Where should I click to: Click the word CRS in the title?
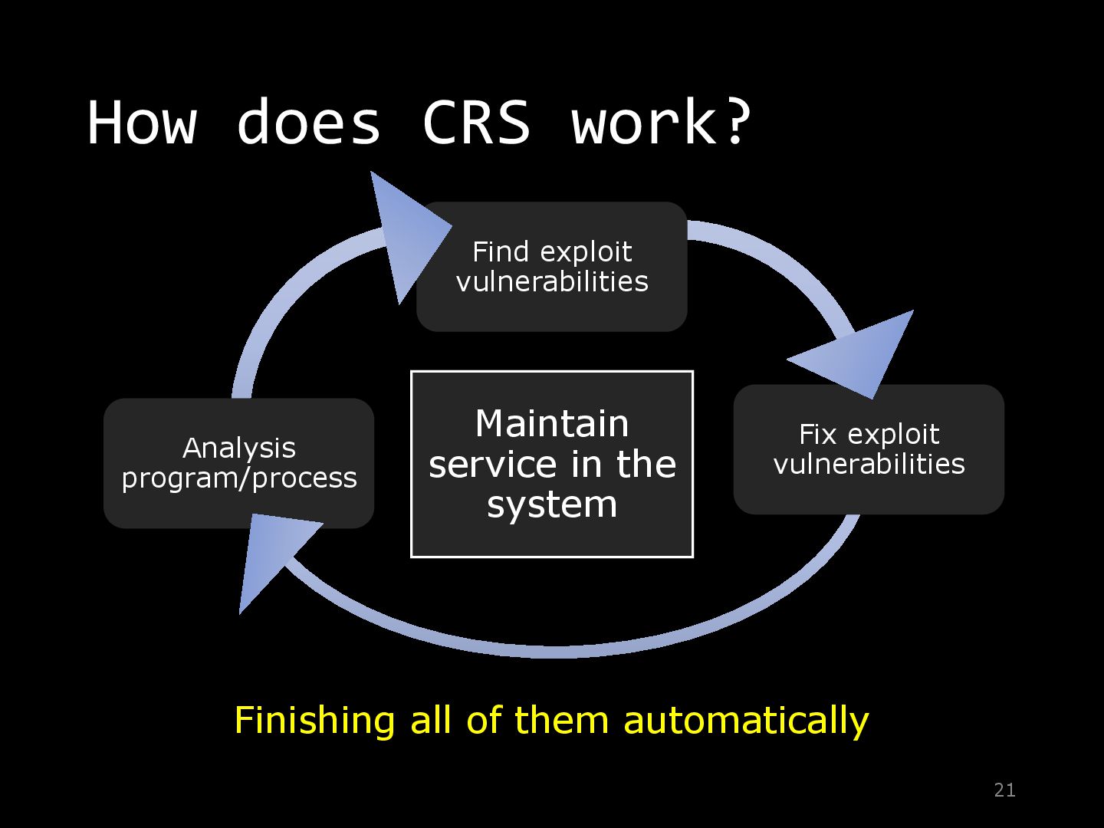coord(476,122)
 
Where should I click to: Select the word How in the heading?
coord(142,122)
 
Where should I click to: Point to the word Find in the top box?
coord(501,251)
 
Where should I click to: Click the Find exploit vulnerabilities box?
coord(552,267)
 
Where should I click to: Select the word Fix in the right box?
coord(818,434)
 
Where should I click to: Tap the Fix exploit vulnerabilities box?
coord(869,449)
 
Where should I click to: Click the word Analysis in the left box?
coord(239,449)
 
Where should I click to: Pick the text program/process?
coord(239,478)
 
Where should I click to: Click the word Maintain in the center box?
coord(552,423)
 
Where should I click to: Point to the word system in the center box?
coord(552,505)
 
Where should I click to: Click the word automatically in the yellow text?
coord(746,721)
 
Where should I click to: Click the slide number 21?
coord(1004,790)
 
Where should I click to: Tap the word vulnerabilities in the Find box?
coord(552,281)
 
